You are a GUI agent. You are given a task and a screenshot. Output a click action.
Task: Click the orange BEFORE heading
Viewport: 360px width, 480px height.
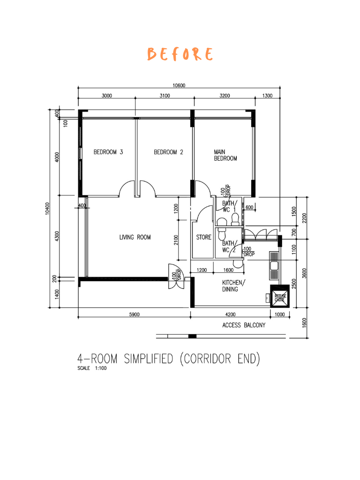[x=180, y=54]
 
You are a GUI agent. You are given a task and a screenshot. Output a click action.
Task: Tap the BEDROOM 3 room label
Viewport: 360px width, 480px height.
[x=108, y=152]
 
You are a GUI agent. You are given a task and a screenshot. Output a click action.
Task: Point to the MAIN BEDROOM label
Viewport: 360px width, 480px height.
[x=225, y=155]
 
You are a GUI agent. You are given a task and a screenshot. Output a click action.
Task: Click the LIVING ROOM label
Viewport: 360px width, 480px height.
[x=135, y=237]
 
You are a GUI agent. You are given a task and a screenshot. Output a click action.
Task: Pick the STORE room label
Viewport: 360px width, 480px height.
[x=203, y=237]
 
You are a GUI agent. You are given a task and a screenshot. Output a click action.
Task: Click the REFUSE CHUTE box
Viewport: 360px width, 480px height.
[x=280, y=297]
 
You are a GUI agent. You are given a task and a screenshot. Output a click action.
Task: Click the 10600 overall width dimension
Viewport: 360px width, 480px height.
[x=179, y=85]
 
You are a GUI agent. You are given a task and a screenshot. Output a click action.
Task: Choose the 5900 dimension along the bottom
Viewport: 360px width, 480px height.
[x=134, y=315]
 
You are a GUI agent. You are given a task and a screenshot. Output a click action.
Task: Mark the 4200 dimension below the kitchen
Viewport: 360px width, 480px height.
[x=230, y=315]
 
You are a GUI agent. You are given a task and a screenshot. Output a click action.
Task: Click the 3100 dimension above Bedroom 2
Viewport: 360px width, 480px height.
[x=164, y=96]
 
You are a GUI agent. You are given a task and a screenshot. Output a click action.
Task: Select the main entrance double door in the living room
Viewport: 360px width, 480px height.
[x=175, y=274]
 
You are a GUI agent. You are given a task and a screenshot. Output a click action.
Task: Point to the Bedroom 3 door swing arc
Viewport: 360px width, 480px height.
[x=127, y=189]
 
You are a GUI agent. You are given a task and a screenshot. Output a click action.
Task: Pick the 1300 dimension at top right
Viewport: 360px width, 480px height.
[x=267, y=96]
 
